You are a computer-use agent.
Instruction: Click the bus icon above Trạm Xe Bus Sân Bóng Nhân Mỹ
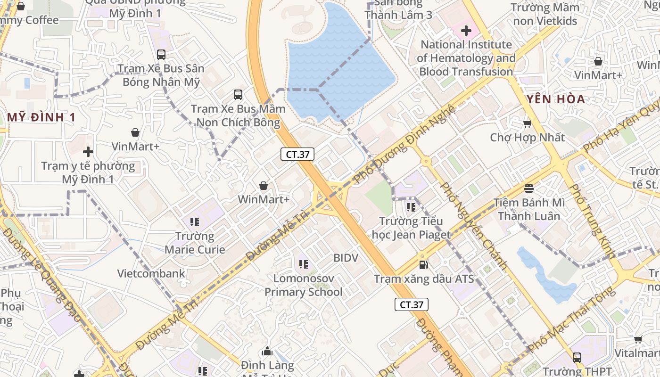coord(161,54)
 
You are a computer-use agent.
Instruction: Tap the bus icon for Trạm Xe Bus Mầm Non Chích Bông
coord(238,95)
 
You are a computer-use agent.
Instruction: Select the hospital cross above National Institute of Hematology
coord(466,31)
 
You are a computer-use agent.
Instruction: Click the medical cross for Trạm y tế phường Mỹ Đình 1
coord(88,152)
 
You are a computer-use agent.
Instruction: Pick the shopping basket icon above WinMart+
coord(264,186)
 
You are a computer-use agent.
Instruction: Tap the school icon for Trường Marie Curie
coord(195,221)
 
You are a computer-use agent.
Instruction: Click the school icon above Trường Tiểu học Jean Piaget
coord(411,206)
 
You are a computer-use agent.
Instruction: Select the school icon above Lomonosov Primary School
coord(303,264)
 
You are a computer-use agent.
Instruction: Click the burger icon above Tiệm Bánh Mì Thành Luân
coord(528,188)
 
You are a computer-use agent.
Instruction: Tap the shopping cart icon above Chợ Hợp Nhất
coord(527,123)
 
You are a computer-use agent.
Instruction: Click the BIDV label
coord(346,258)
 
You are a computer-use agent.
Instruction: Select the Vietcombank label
coord(151,273)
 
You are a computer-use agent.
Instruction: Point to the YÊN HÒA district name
coord(556,99)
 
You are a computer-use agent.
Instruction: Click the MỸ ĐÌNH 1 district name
coord(41,117)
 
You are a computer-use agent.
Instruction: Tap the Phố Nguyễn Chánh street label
coord(473,226)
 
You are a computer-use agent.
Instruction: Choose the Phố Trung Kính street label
coord(592,221)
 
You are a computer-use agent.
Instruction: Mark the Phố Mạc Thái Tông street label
coord(571,319)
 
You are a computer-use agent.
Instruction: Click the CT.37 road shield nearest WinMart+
coord(297,154)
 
